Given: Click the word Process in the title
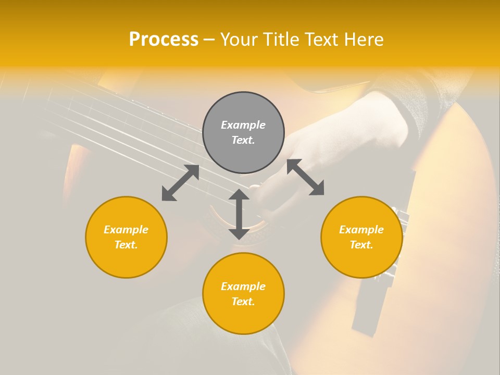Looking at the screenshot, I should [x=164, y=39].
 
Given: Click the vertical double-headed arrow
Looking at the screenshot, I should [x=239, y=214].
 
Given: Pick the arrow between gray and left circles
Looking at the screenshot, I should [x=180, y=183].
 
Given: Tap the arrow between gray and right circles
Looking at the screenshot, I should [x=306, y=177].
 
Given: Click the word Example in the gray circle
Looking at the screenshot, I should [x=243, y=125].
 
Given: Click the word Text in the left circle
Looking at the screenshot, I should [x=126, y=245].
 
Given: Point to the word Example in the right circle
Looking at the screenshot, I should [x=361, y=230].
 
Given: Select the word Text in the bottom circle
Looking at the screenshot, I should [x=243, y=302].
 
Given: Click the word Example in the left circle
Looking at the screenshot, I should [x=126, y=230].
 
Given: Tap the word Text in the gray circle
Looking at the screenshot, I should [x=243, y=140].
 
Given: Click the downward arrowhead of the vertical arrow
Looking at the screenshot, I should [x=239, y=234].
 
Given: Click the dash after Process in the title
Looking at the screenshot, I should [x=209, y=39].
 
